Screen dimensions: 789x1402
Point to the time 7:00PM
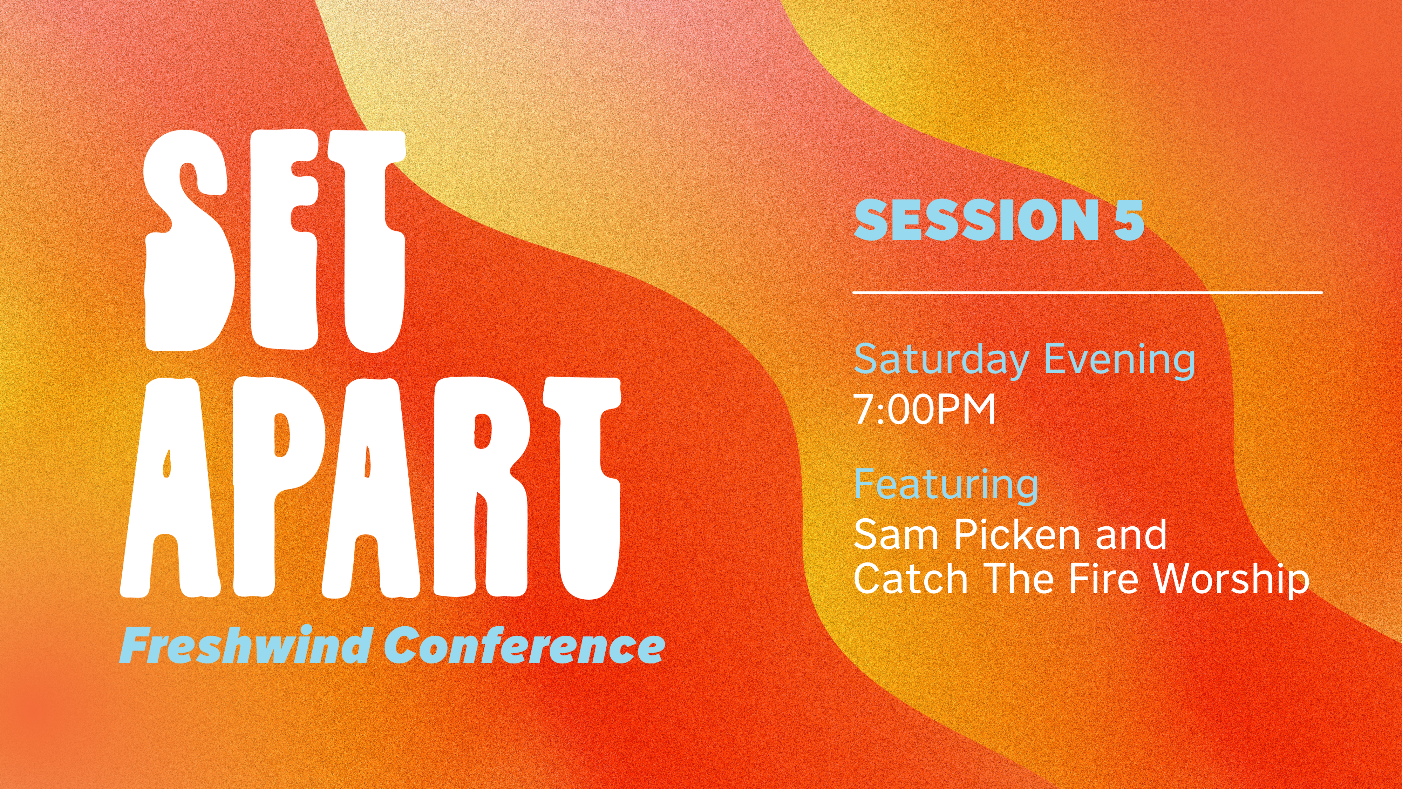924,410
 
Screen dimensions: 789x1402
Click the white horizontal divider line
1087,293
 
